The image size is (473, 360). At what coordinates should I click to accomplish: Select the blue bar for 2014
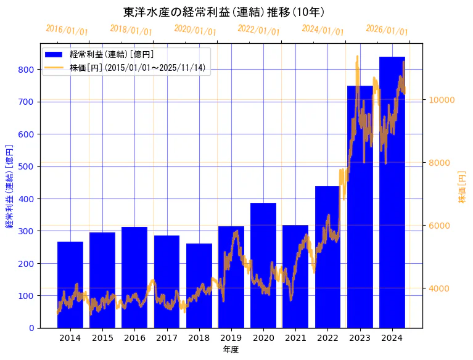pos(70,284)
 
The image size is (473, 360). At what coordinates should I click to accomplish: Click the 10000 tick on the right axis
pos(442,100)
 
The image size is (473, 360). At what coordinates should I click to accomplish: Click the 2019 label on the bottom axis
pos(231,338)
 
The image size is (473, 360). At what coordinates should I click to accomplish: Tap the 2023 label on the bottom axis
pos(360,338)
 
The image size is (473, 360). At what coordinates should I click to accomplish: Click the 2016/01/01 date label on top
pos(67,30)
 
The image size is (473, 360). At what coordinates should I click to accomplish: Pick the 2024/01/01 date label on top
pos(323,30)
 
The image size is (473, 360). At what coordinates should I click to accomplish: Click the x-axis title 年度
pos(231,350)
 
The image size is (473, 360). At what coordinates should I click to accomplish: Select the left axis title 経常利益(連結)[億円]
pos(9,186)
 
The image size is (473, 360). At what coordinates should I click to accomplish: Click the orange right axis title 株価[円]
pos(463,187)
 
